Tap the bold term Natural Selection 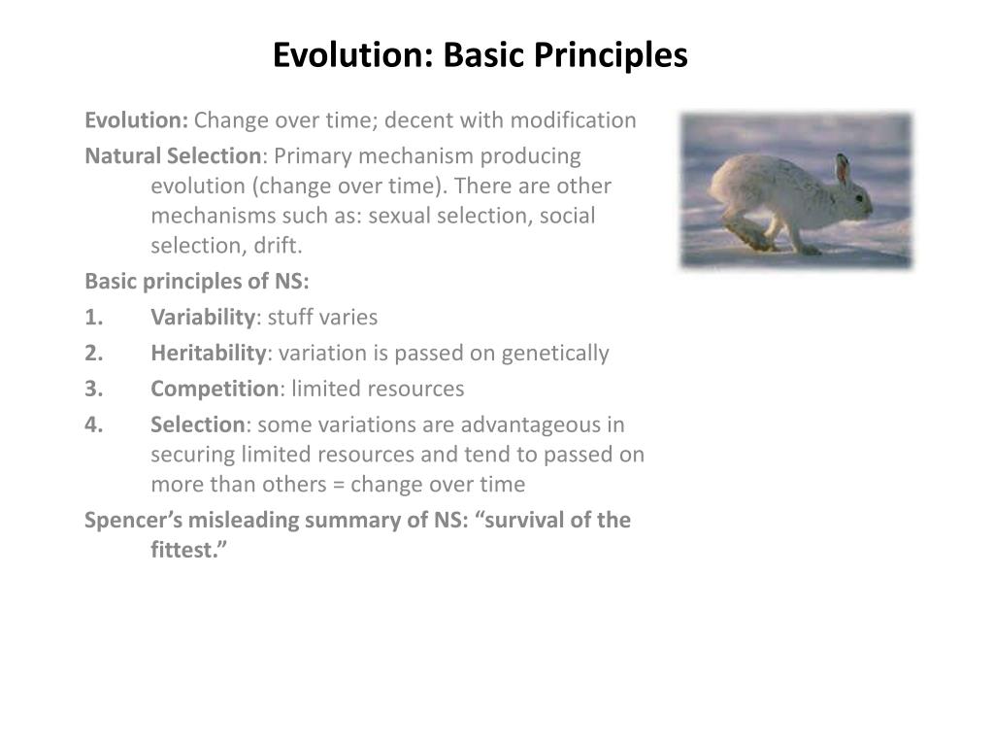(173, 156)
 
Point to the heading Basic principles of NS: (197, 281)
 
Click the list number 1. (93, 317)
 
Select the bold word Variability (202, 317)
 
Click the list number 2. (93, 353)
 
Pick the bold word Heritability (208, 353)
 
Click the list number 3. (93, 389)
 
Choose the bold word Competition (215, 389)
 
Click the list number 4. (93, 424)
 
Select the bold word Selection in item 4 (198, 424)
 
